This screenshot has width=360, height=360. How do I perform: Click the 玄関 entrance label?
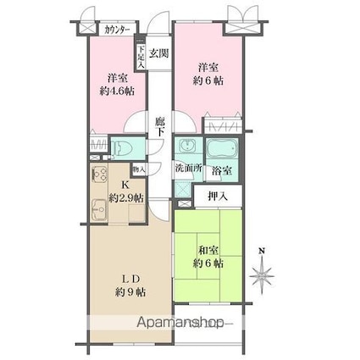(x=158, y=53)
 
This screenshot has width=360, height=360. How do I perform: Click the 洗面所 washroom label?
(x=188, y=168)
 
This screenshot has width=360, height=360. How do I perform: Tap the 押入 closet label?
(x=217, y=197)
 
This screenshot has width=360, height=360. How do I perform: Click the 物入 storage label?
(x=139, y=169)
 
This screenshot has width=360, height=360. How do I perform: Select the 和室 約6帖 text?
(x=208, y=256)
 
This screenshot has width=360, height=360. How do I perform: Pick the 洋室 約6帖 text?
(x=208, y=74)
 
